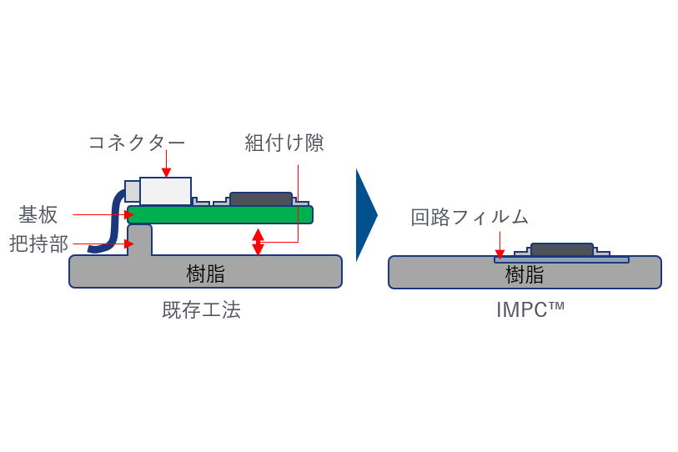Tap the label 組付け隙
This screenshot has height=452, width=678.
point(284,143)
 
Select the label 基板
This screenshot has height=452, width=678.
point(38,214)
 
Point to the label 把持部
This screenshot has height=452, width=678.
point(38,244)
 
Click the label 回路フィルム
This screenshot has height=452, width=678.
point(470,218)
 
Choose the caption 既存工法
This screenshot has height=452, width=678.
point(201,309)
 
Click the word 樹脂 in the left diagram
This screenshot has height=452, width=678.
point(205,274)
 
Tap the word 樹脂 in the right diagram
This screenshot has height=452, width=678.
point(525,274)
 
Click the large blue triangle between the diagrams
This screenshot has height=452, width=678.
point(364,215)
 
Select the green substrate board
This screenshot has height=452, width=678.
point(220,215)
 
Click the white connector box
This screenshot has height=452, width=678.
point(165,191)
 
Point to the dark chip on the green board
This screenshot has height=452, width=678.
point(260,199)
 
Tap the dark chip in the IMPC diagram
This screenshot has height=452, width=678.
point(561,249)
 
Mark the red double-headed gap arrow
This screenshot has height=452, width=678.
point(258,242)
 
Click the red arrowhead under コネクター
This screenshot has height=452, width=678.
point(166,173)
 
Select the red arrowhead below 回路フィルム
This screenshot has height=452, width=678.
point(500,254)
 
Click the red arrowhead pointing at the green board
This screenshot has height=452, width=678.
point(129,214)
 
